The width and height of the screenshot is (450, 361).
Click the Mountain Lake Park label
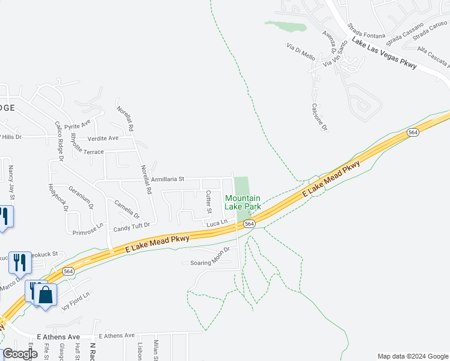242,202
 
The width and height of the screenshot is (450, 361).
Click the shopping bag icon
45,295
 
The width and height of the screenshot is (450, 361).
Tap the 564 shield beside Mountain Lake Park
249,224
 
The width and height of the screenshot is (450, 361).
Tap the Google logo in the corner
20,354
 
